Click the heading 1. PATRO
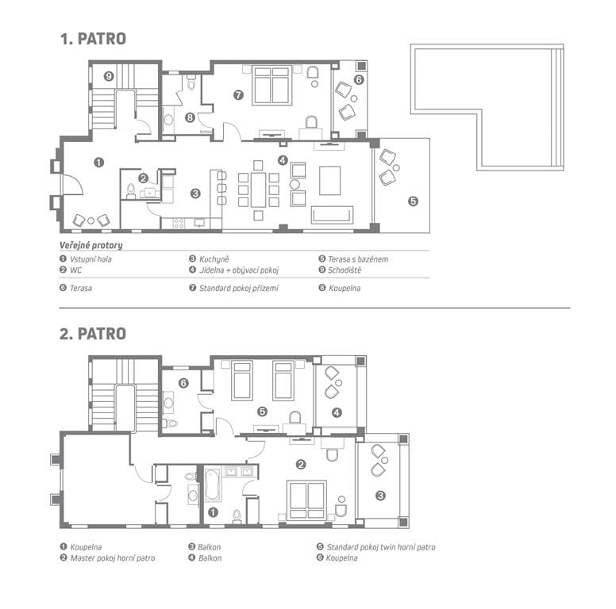coord(93,39)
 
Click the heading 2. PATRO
coord(93,334)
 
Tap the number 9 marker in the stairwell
coord(109,76)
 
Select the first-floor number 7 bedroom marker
coord(238,95)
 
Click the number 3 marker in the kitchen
coord(195,193)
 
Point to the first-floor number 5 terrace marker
coord(413,201)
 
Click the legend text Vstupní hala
coord(90,259)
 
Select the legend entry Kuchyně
coord(214,259)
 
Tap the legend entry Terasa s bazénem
coord(358,259)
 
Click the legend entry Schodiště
coord(345,270)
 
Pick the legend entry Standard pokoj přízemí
coord(239,289)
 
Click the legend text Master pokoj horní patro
coord(113,558)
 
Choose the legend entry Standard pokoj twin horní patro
coord(381,547)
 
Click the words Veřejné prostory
coord(91,246)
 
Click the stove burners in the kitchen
coord(179,223)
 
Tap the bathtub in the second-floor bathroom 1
coord(213,485)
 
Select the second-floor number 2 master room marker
coord(301,465)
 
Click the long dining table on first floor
coord(258,190)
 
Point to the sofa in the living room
coord(332,215)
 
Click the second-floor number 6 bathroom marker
coord(183,383)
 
